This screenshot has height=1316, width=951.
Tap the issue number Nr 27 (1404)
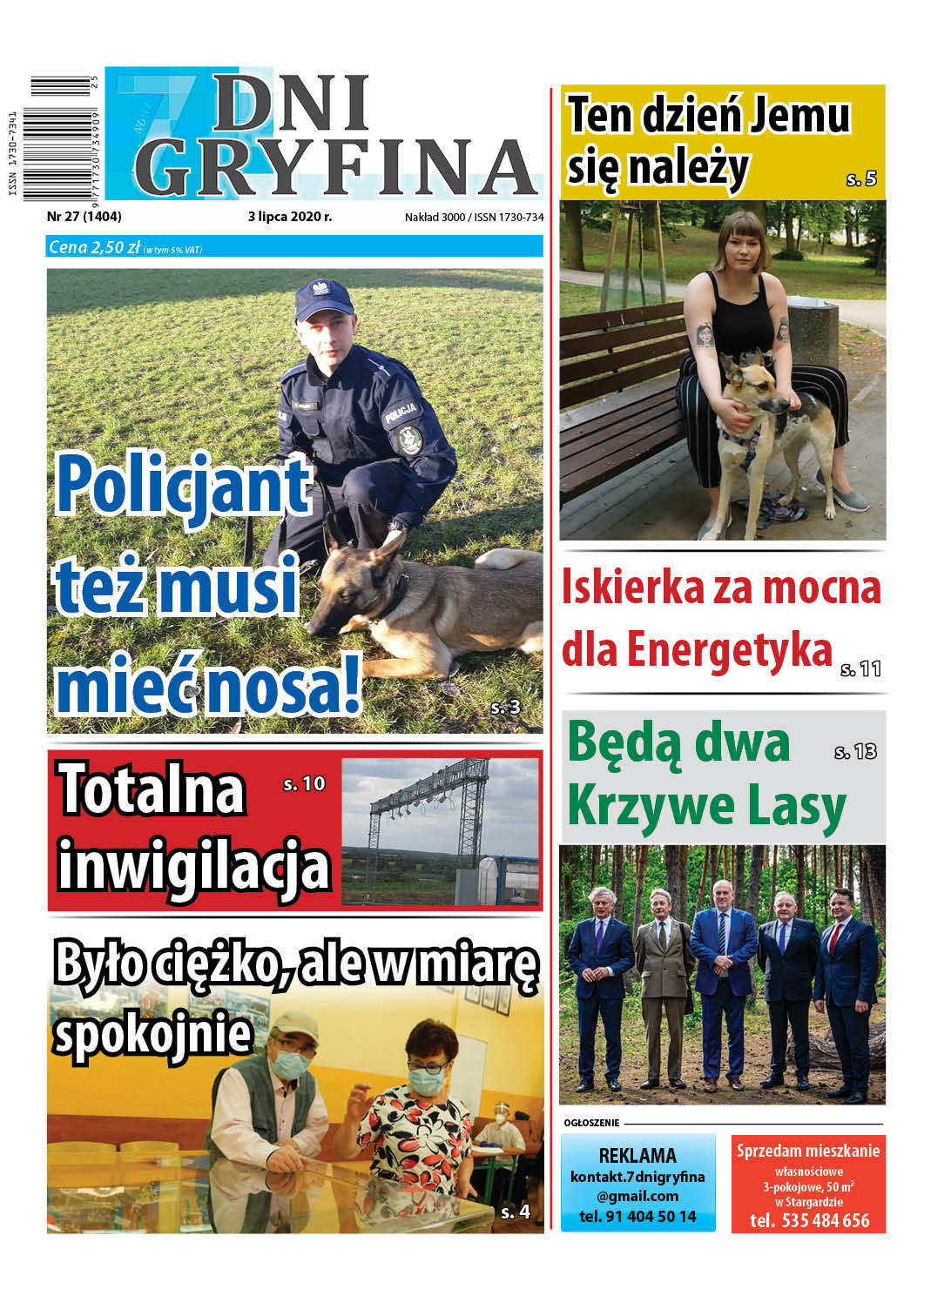[x=84, y=217]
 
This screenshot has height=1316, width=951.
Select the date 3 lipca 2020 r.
[x=289, y=217]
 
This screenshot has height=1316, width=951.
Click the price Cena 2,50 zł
[x=94, y=247]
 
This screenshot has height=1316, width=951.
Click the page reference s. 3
[x=505, y=708]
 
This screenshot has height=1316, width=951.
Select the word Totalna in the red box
[x=152, y=790]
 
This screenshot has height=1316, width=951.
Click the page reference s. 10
[x=304, y=784]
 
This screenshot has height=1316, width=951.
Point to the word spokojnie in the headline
[x=152, y=1036]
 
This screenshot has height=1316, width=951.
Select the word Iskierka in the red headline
[x=632, y=587]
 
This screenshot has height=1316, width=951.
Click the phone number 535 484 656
[x=825, y=1220]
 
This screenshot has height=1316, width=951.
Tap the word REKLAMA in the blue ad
[x=637, y=1156]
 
